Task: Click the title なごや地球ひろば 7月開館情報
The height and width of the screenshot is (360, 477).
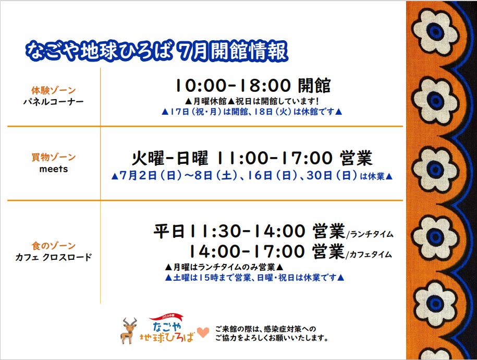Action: point(156,50)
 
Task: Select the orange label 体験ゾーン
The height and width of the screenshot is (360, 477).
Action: point(54,90)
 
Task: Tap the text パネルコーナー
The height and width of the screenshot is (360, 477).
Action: point(54,101)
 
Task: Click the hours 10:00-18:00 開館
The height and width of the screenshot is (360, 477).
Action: point(253,85)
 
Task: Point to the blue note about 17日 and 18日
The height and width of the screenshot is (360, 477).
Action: point(252,112)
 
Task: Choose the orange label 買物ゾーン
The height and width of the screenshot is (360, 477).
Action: point(54,157)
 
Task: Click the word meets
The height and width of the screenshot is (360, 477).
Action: point(54,169)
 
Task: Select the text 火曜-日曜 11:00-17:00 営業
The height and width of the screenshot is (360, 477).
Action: point(252,158)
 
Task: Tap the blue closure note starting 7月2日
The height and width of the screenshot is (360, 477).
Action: point(252,176)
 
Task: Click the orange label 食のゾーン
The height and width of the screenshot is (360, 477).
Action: point(54,246)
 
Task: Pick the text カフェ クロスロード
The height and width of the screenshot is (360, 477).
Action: point(54,257)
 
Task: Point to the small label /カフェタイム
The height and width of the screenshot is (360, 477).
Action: point(369,254)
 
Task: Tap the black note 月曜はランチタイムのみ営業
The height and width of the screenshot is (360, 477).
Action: point(224,267)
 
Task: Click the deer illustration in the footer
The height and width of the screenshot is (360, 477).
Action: point(129,330)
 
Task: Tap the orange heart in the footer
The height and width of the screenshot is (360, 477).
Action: point(203,332)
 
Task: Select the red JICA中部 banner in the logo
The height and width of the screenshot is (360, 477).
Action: point(166,317)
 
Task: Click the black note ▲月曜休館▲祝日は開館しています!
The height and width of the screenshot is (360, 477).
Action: point(252,101)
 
